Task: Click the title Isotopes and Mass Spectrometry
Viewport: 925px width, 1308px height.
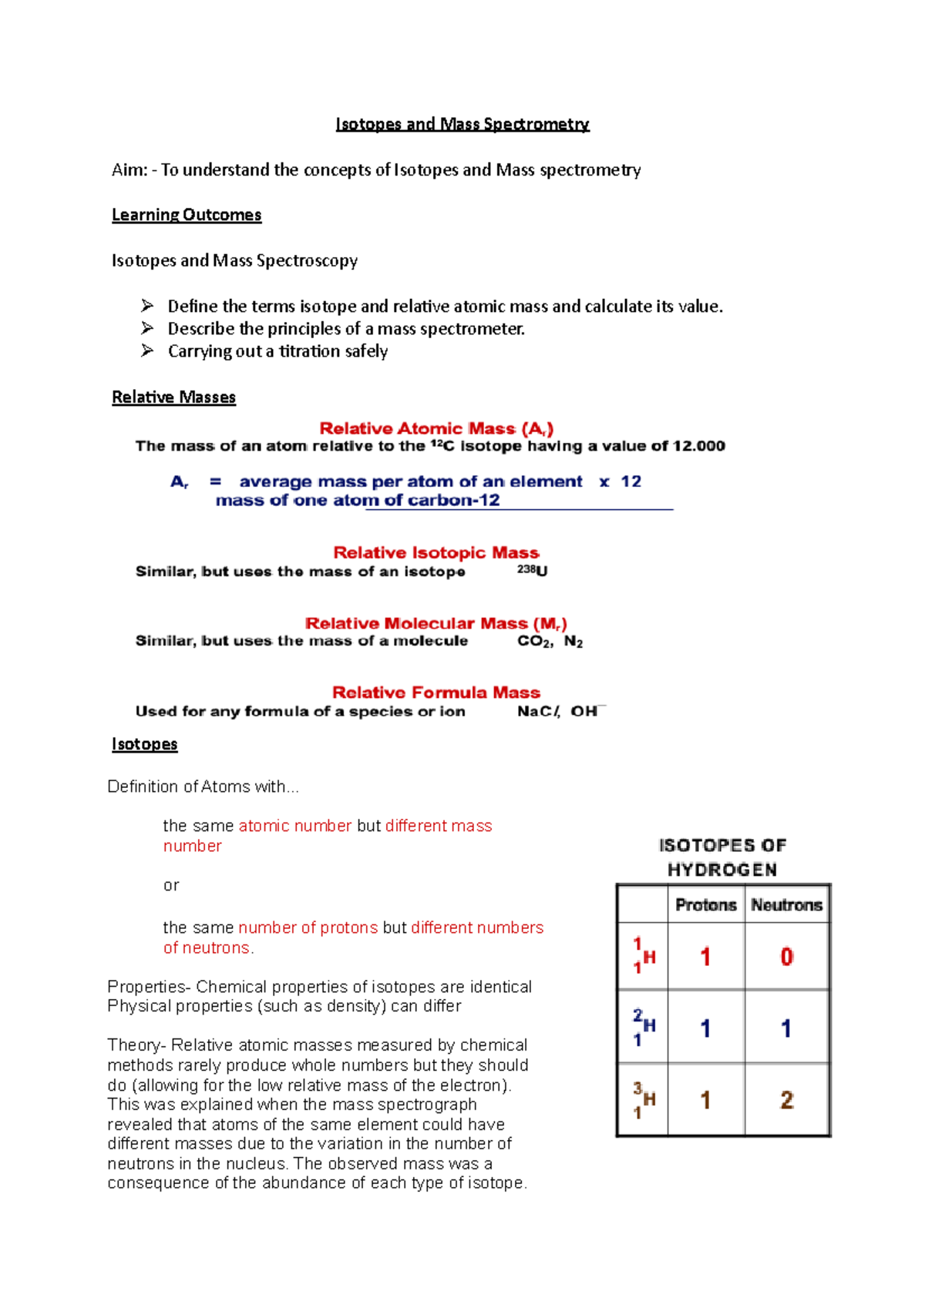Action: tap(462, 124)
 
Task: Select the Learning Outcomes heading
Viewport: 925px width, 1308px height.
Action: tap(187, 215)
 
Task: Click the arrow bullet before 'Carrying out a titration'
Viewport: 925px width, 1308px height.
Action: tap(147, 350)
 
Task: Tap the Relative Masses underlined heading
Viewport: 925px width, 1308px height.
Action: tap(173, 397)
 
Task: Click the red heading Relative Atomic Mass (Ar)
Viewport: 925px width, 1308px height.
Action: tap(436, 428)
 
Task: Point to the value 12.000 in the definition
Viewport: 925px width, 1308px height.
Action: tap(699, 446)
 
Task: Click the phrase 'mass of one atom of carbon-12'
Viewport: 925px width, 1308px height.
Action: tap(358, 501)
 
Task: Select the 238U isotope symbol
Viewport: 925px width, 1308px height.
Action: tap(533, 571)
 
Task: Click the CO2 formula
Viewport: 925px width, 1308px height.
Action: tap(534, 642)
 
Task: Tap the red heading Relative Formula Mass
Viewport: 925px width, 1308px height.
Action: tap(436, 693)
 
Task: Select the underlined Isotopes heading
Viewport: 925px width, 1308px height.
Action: tap(144, 744)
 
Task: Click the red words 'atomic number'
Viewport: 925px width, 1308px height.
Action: tap(295, 826)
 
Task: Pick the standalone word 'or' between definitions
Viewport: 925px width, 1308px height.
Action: tap(171, 886)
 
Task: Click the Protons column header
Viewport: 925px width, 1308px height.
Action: tap(705, 905)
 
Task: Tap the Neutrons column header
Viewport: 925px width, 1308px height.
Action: tap(786, 905)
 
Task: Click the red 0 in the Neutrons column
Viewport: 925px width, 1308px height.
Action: tap(786, 957)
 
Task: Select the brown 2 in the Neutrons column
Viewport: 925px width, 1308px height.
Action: tap(786, 1100)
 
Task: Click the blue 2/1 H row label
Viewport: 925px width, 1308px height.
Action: tap(644, 1027)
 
